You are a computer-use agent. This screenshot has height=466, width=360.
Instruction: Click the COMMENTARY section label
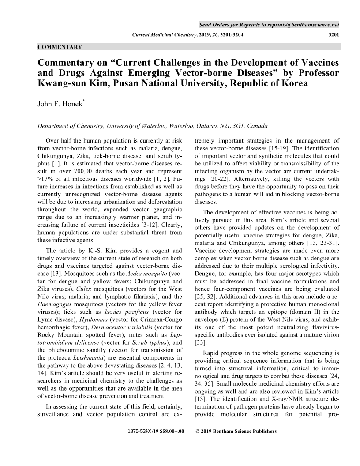click(x=60, y=46)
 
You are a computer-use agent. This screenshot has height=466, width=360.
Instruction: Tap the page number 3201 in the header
click(x=331, y=34)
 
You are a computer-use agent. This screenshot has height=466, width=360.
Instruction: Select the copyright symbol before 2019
click(x=197, y=431)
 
